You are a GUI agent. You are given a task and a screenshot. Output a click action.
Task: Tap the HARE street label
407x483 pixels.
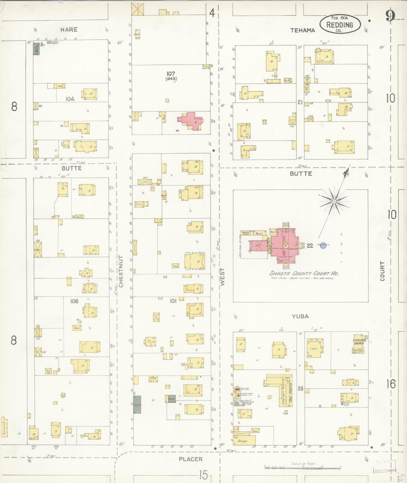coord(69,29)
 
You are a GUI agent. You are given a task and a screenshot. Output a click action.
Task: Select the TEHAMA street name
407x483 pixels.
coord(303,30)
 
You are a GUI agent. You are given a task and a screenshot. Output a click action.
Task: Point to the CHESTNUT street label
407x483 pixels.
coord(121,271)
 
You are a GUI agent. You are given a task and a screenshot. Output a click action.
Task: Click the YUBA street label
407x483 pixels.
coord(300,316)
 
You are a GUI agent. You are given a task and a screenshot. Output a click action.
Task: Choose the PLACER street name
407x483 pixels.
coord(191,459)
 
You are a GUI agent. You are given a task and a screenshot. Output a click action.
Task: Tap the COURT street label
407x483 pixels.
coord(382,271)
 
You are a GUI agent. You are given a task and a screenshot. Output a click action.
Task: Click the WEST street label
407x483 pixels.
coord(223,277)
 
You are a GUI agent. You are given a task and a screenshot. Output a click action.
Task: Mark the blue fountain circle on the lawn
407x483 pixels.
coord(323,245)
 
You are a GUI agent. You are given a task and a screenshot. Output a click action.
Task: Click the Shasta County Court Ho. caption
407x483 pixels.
coord(304,273)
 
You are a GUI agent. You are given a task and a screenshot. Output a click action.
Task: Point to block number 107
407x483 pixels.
coord(171,74)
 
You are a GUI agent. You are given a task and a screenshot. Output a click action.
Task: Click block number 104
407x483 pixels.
coord(70,99)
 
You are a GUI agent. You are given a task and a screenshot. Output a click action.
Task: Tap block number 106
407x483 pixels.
coord(74,301)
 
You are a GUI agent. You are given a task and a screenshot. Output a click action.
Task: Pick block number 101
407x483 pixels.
coord(173,301)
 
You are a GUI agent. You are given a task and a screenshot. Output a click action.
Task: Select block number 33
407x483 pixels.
coord(300,389)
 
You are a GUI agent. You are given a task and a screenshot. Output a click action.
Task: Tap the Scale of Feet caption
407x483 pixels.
coord(304,464)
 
